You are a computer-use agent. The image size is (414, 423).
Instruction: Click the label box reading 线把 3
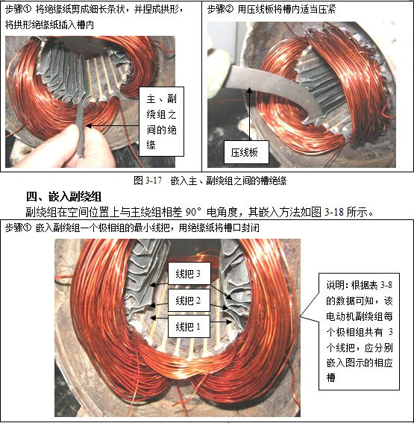189,273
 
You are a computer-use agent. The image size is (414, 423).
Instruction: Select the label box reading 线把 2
189,300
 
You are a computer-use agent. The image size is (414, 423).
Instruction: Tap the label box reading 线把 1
189,327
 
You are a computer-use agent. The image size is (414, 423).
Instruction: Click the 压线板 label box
246,152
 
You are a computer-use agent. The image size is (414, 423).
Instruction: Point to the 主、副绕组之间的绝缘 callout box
161,122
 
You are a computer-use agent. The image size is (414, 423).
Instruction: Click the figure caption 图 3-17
148,181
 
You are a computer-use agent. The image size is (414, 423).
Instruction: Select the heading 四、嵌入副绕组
63,196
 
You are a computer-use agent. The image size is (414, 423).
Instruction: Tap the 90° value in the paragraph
194,213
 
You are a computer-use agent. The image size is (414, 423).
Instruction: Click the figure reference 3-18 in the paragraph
334,213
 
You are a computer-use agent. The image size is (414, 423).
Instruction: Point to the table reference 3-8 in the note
386,285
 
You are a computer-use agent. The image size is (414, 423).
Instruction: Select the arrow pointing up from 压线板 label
250,114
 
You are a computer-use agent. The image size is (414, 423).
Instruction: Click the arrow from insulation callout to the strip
113,126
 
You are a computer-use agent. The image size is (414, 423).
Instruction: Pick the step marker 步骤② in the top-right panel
220,10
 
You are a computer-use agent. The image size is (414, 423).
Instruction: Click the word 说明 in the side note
336,285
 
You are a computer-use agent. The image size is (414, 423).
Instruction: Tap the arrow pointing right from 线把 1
221,322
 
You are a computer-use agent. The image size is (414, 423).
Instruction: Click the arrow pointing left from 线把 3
159,284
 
